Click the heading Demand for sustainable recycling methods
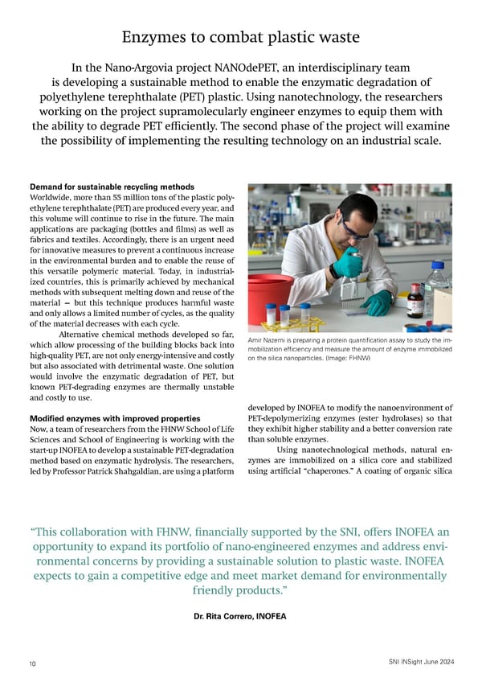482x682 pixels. pyautogui.click(x=112, y=187)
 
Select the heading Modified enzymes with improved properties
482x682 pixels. pyautogui.click(x=115, y=419)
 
